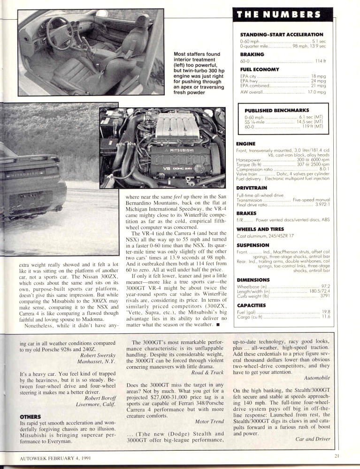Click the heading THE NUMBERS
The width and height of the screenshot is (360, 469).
(x=279, y=15)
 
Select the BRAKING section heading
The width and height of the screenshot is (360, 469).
(x=252, y=54)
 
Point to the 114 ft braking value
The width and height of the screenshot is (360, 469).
(x=321, y=61)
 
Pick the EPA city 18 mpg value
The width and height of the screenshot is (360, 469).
(x=319, y=76)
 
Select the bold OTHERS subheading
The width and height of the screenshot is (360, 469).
(x=30, y=416)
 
